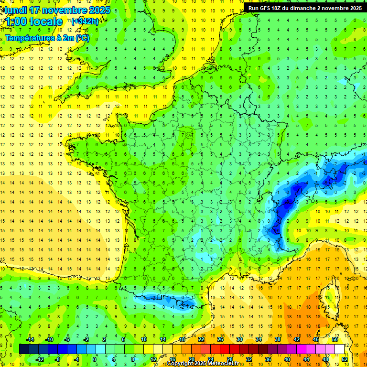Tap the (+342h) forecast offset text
click(85, 22)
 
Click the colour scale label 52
click(345, 359)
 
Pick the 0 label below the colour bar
click(95, 359)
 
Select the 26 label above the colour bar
click(220, 339)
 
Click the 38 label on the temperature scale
click(278, 339)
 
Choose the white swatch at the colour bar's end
click(340, 349)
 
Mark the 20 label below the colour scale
click(192, 359)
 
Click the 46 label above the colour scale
click(316, 339)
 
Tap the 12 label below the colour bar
click(153, 359)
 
